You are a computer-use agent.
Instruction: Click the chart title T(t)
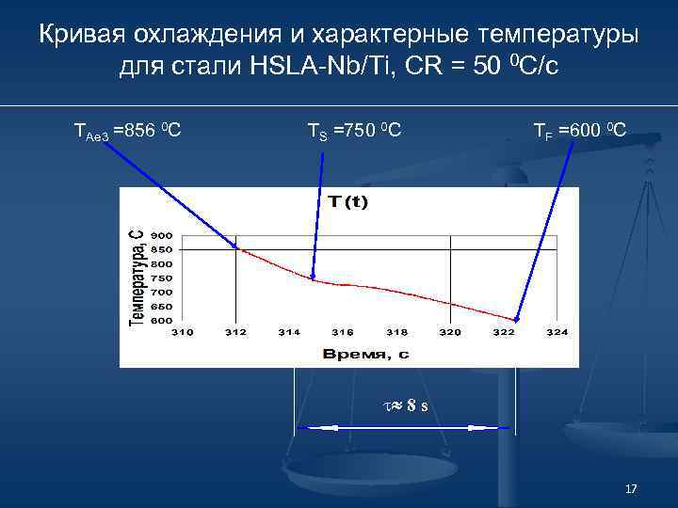click(x=348, y=202)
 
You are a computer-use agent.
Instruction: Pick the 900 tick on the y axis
click(x=161, y=235)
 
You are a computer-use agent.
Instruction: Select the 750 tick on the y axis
click(x=161, y=278)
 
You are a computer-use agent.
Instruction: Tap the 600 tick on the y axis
click(x=161, y=320)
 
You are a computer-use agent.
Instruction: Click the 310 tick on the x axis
click(x=183, y=332)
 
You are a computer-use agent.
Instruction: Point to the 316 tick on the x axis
click(x=343, y=332)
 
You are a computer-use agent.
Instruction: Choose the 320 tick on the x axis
click(x=450, y=332)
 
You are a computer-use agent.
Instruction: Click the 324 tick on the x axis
click(x=557, y=332)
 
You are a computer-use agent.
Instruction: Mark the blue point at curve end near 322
click(x=516, y=320)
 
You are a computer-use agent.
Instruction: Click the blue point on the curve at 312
click(x=235, y=247)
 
